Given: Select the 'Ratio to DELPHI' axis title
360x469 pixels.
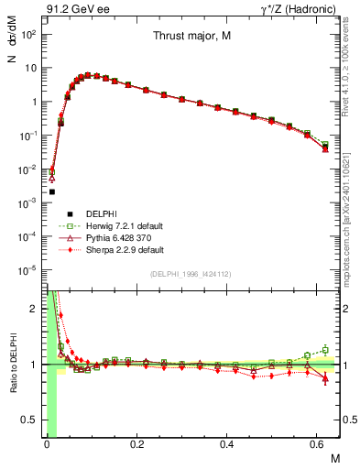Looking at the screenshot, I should [x=12, y=365].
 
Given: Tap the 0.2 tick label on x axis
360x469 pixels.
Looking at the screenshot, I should [x=136, y=443].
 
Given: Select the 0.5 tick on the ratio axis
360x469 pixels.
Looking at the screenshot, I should [x=29, y=420].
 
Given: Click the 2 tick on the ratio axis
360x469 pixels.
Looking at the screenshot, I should [x=34, y=309].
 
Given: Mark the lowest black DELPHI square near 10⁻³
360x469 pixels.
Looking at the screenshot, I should [x=52, y=191].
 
